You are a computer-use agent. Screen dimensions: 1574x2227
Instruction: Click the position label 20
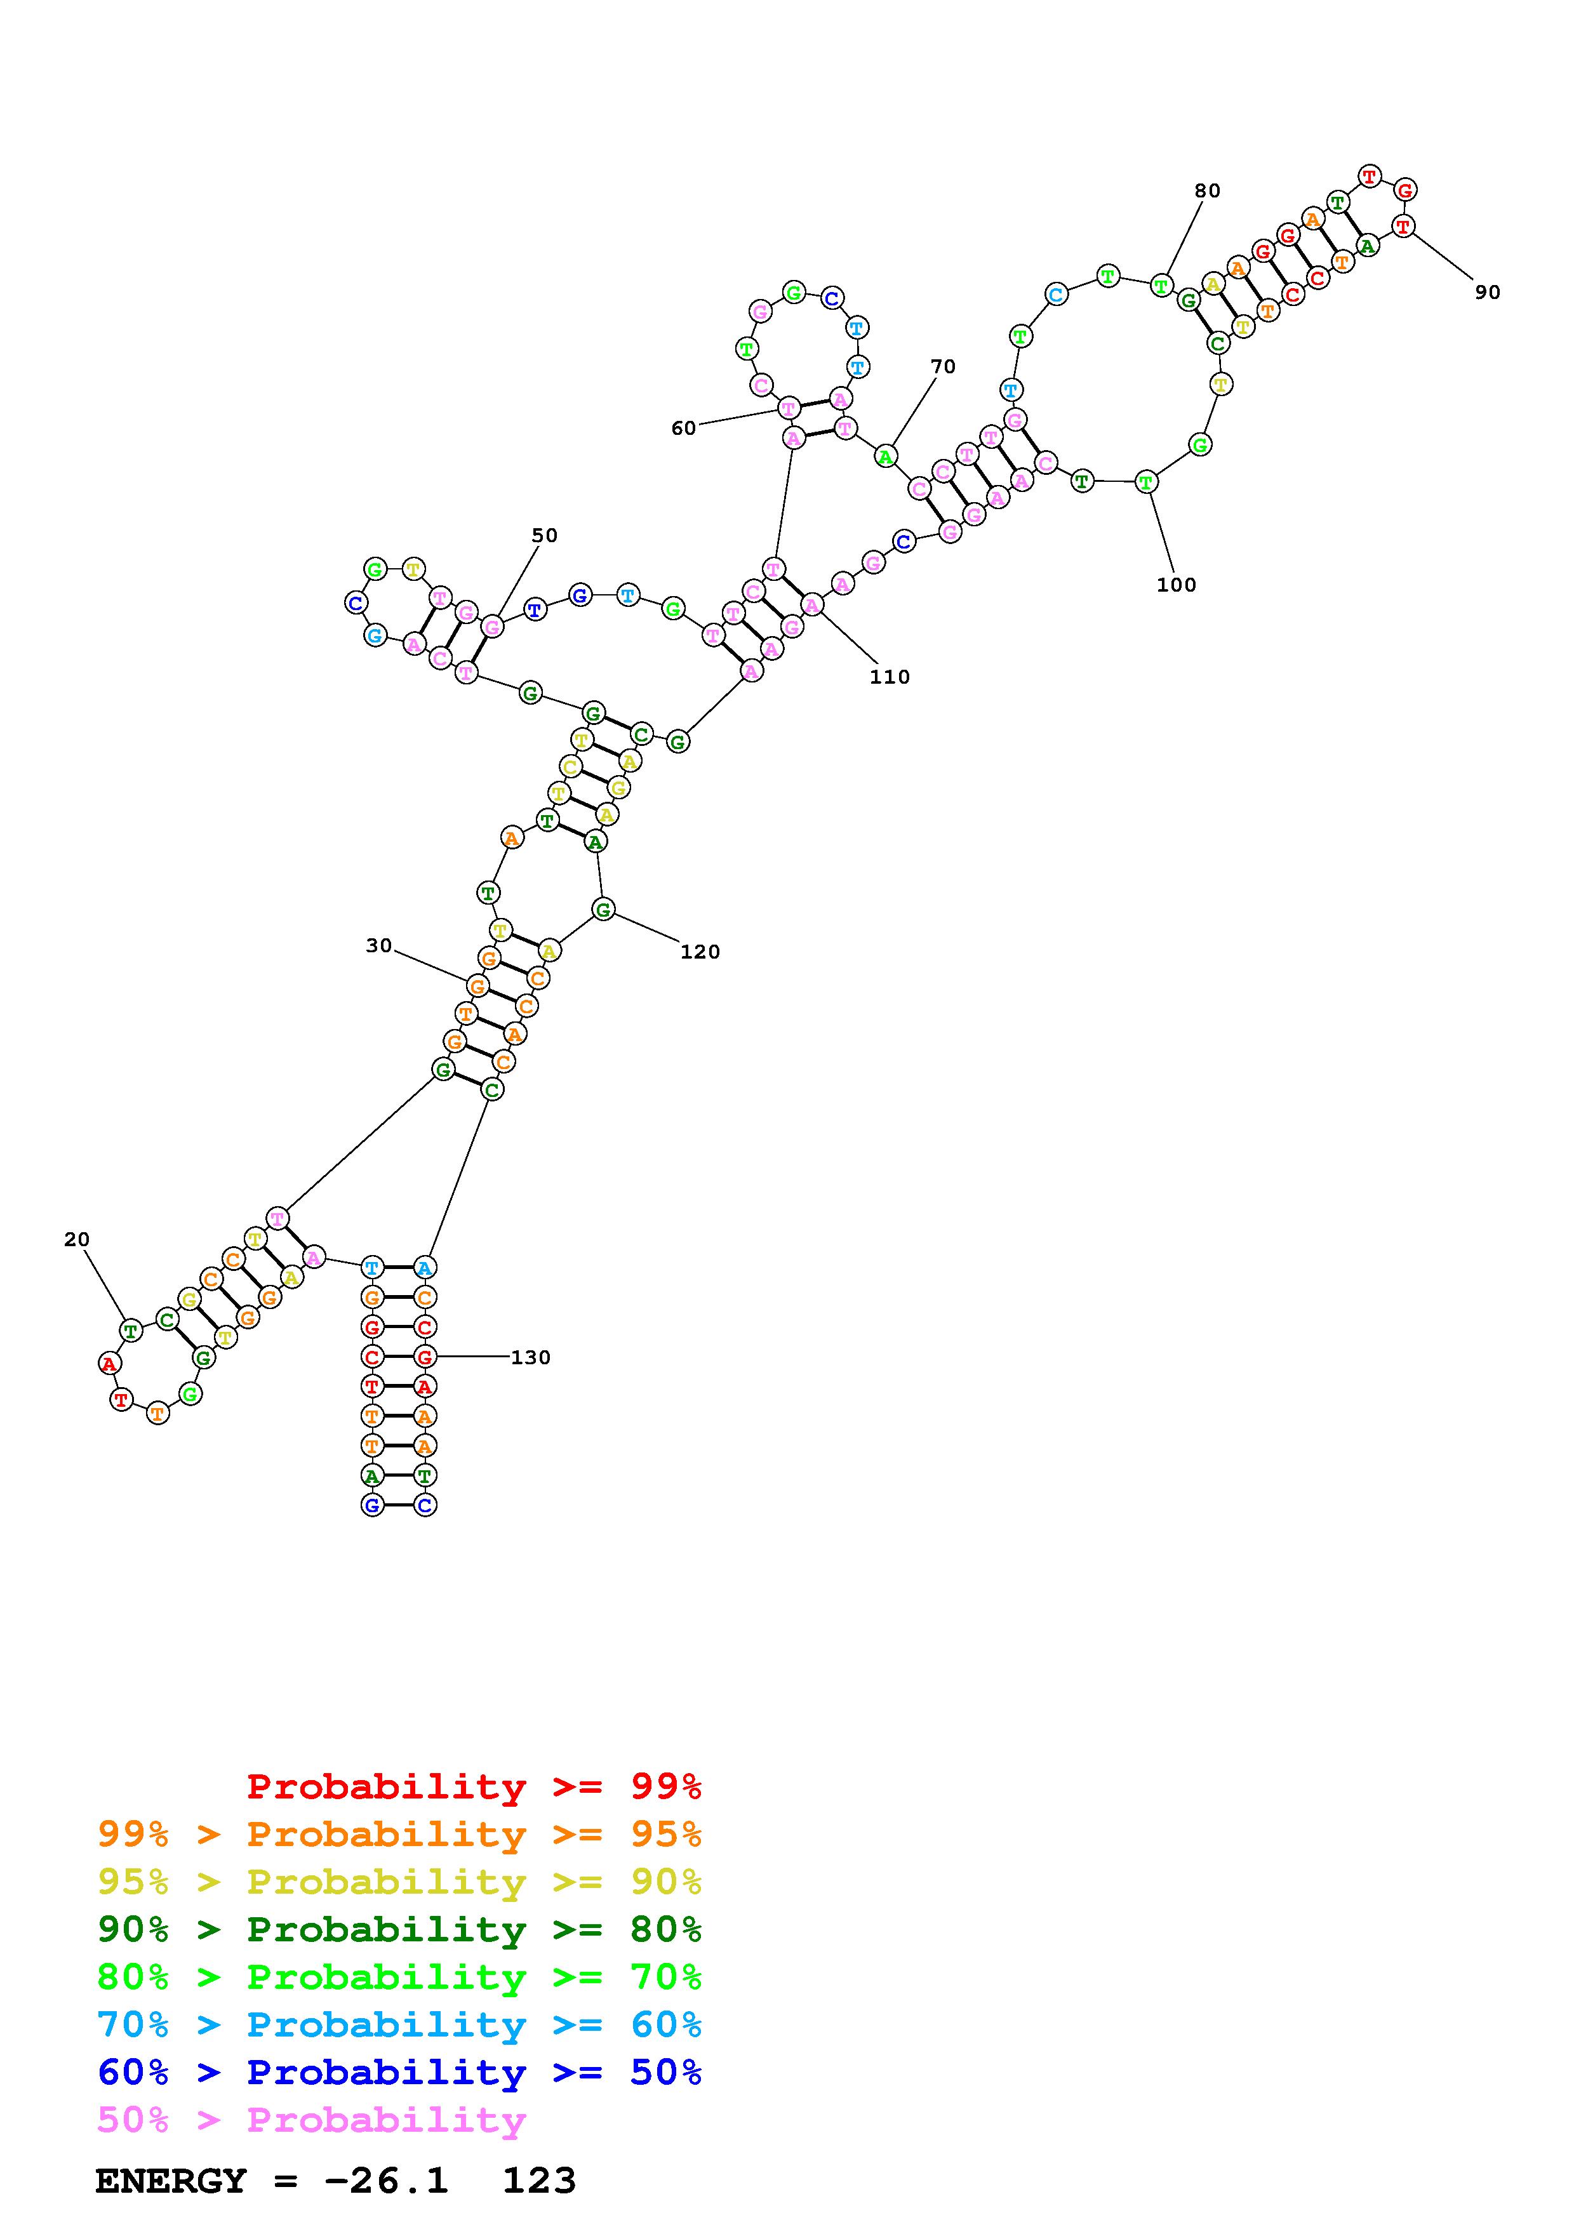[77, 1240]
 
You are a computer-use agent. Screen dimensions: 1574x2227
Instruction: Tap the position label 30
[379, 946]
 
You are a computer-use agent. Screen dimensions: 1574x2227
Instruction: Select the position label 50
[545, 535]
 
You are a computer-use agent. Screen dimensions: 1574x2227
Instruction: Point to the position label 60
[684, 429]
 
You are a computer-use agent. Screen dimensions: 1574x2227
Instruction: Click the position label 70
[943, 367]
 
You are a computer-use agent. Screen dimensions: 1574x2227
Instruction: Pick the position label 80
[1208, 191]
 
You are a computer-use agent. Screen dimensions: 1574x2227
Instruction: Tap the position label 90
[1488, 292]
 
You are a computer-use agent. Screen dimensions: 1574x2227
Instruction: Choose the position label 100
[1177, 585]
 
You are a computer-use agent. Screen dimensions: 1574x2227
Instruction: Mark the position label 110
[890, 677]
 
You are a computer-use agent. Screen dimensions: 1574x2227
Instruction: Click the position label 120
[700, 952]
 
